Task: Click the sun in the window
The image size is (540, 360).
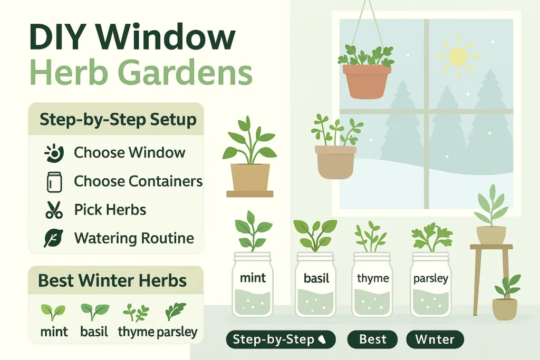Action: pyautogui.click(x=457, y=56)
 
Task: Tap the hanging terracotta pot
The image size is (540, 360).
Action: pyautogui.click(x=367, y=81)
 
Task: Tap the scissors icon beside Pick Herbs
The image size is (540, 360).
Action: pyautogui.click(x=54, y=210)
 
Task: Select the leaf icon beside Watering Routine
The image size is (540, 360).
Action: pyautogui.click(x=53, y=238)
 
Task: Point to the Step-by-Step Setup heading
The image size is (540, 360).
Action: pyautogui.click(x=118, y=120)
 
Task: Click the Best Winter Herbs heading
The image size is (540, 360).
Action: pyautogui.click(x=112, y=280)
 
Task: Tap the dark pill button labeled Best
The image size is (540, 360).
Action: pyautogui.click(x=373, y=339)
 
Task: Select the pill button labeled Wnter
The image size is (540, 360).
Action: pyautogui.click(x=435, y=339)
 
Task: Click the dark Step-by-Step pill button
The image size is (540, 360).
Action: pyautogui.click(x=281, y=339)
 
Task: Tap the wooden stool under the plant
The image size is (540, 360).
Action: pyautogui.click(x=491, y=277)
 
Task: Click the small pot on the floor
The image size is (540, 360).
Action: pyautogui.click(x=505, y=308)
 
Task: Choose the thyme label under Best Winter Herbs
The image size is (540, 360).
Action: pyautogui.click(x=136, y=332)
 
